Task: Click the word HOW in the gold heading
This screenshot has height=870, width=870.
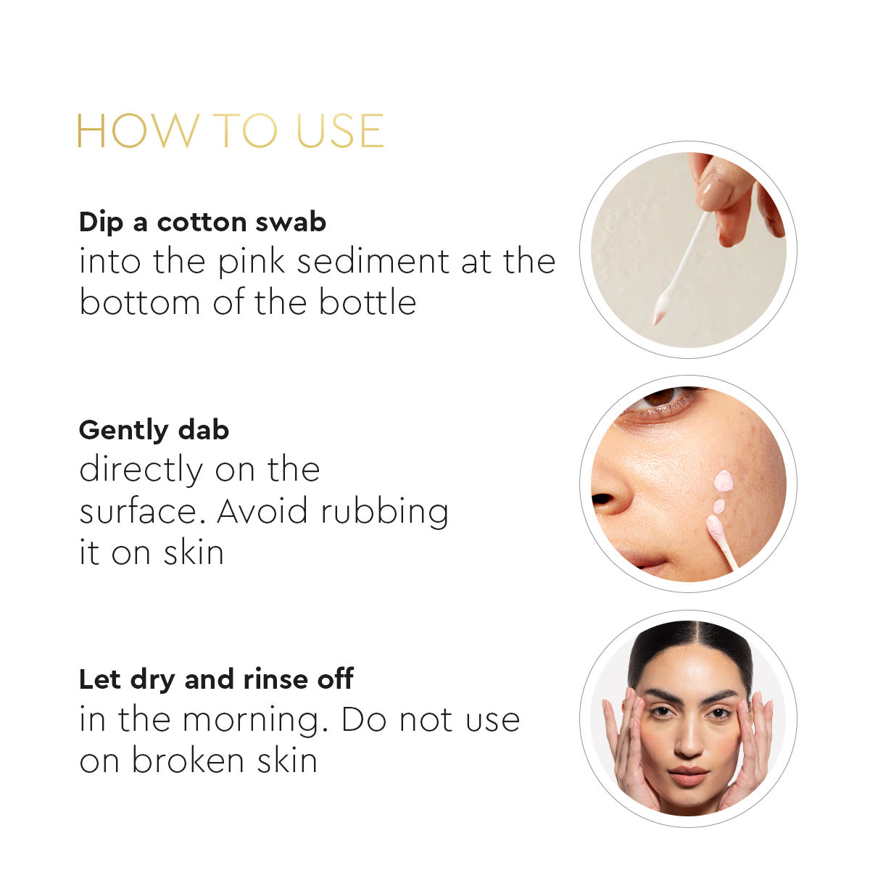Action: tap(138, 130)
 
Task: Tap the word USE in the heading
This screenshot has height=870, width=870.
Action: tap(340, 130)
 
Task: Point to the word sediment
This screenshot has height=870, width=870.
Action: tap(373, 262)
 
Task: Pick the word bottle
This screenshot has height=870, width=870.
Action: tap(368, 302)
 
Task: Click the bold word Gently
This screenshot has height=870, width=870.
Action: tap(123, 431)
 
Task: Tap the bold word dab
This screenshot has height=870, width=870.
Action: tap(204, 429)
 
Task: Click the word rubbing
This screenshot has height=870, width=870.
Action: tap(385, 513)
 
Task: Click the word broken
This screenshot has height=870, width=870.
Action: tap(188, 761)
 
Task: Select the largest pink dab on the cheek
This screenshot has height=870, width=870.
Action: tap(723, 481)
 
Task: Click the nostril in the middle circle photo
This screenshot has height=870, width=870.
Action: tap(602, 499)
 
